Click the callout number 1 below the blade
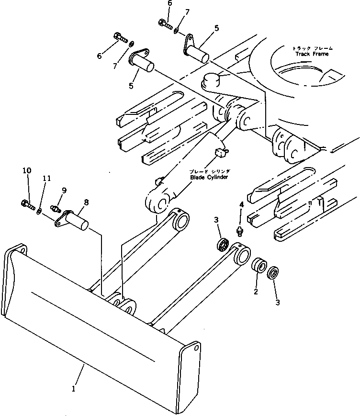tap(74, 389)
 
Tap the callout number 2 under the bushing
tap(256, 292)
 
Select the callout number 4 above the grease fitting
tap(241, 204)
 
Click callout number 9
tap(63, 190)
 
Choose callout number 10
tap(27, 170)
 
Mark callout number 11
tap(46, 178)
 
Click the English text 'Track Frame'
tap(312, 54)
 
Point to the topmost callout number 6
tap(169, 3)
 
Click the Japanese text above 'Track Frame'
tap(312, 48)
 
